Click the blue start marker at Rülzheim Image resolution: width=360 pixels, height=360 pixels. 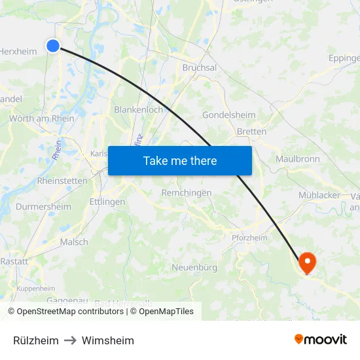pyautogui.click(x=53, y=45)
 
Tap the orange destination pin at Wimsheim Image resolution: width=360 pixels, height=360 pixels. pyautogui.click(x=306, y=262)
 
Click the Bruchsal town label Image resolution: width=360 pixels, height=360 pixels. pyautogui.click(x=199, y=67)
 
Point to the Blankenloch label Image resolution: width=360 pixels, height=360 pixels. pyautogui.click(x=139, y=110)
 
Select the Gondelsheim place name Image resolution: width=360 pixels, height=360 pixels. pyautogui.click(x=229, y=115)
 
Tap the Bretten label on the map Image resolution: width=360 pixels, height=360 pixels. pyautogui.click(x=251, y=132)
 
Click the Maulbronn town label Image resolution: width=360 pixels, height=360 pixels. pyautogui.click(x=298, y=159)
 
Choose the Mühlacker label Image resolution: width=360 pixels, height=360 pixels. pyautogui.click(x=319, y=195)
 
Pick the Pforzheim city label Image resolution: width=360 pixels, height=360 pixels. pyautogui.click(x=249, y=238)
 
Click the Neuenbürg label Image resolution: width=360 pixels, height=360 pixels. pyautogui.click(x=194, y=267)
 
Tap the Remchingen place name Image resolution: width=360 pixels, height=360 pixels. pyautogui.click(x=187, y=193)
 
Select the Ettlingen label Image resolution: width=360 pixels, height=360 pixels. pyautogui.click(x=107, y=202)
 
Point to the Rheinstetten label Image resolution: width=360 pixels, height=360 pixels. pyautogui.click(x=62, y=181)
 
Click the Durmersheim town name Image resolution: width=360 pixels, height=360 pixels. pyautogui.click(x=44, y=207)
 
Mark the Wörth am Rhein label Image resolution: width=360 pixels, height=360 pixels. pyautogui.click(x=42, y=118)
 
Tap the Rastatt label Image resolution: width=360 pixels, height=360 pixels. pyautogui.click(x=14, y=261)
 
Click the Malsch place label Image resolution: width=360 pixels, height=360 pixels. pyautogui.click(x=74, y=242)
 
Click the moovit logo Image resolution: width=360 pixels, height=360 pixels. pyautogui.click(x=321, y=340)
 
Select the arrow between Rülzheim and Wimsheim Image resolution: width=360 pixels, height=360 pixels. pyautogui.click(x=70, y=341)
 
